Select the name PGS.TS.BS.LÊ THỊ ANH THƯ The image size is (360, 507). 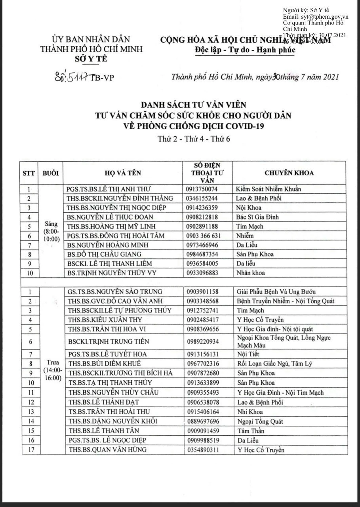click(109, 189)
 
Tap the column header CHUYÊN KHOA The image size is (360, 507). click(289, 173)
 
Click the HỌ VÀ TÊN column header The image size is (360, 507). click(123, 173)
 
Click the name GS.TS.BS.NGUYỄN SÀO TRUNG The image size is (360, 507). click(113, 292)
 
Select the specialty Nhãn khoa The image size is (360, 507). click(250, 273)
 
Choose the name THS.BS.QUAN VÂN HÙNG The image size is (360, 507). click(107, 450)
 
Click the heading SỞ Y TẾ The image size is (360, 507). click(91, 59)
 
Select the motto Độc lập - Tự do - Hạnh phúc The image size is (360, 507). click(245, 50)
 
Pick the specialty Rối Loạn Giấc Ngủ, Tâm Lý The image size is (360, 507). click(270, 363)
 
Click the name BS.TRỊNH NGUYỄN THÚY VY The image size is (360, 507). click(107, 273)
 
